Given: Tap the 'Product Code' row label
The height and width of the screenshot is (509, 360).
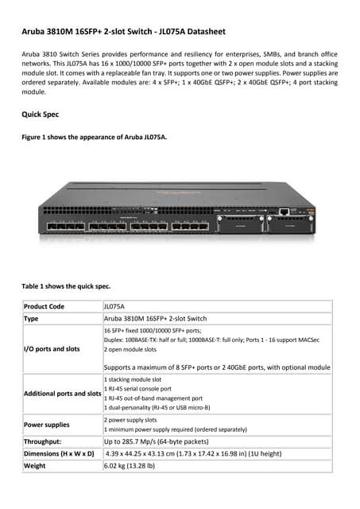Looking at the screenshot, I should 45,305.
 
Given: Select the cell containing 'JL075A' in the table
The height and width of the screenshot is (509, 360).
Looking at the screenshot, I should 114,305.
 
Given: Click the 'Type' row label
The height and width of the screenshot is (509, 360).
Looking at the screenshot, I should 32,317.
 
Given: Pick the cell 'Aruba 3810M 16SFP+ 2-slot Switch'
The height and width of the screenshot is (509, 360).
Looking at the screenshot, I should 155,317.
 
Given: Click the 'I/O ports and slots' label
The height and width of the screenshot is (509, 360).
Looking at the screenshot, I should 52,348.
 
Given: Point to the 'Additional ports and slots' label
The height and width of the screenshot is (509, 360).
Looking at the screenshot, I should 63,394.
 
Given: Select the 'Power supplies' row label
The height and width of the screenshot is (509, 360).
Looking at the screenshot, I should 47,425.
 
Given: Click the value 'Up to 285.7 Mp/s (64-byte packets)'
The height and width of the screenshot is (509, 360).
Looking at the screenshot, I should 161,441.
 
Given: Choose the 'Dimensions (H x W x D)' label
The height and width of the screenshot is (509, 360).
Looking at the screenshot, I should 60,453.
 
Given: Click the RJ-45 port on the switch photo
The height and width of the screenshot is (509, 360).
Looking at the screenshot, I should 283,212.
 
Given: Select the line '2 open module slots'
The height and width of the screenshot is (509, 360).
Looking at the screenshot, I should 130,349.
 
